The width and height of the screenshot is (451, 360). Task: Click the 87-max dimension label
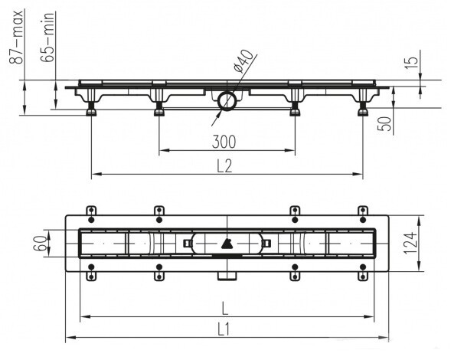pyautogui.click(x=16, y=37)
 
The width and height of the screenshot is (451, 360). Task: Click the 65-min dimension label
pyautogui.click(x=47, y=37)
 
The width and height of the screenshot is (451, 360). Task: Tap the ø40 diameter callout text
pyautogui.click(x=243, y=61)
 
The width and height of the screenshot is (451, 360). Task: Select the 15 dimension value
pyautogui.click(x=411, y=62)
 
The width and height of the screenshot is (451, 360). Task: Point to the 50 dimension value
pyautogui.click(x=384, y=124)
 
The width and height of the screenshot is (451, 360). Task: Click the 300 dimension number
pyautogui.click(x=224, y=142)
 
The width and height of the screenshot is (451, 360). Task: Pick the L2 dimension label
pyautogui.click(x=224, y=165)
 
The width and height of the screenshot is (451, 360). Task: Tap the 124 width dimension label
pyautogui.click(x=410, y=243)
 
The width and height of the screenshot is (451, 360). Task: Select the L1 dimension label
pyautogui.click(x=224, y=329)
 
